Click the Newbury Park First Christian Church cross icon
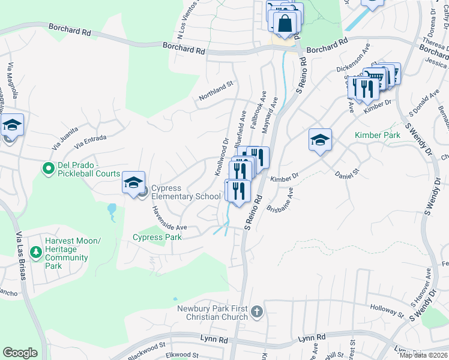click(257, 311)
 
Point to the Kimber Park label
click(377, 135)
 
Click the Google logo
click(20, 353)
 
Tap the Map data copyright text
click(423, 356)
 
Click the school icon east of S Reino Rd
click(321, 141)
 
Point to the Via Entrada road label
click(91, 139)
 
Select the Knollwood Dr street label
click(222, 157)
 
